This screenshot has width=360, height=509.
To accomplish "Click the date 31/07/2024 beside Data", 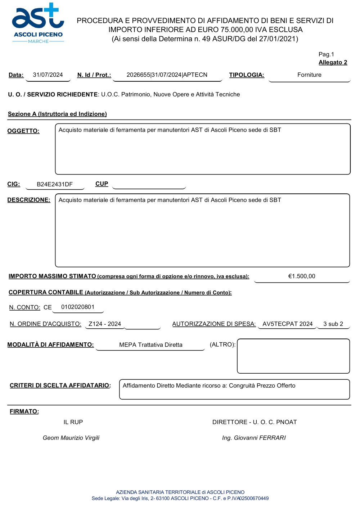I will (x=48, y=75).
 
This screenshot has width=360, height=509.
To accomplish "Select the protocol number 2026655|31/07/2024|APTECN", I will (x=167, y=75).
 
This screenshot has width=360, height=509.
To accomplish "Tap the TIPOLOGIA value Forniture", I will (x=309, y=75).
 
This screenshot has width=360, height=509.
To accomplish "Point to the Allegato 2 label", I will (x=333, y=62).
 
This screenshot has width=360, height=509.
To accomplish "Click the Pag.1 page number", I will (x=326, y=54).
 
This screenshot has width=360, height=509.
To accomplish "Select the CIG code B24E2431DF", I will (x=55, y=184).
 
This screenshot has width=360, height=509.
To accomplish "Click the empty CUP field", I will (x=149, y=184).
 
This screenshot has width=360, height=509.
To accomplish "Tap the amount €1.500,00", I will (x=302, y=276).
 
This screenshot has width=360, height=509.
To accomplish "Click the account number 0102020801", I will (x=78, y=307).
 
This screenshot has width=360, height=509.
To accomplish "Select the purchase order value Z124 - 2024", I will (x=105, y=324).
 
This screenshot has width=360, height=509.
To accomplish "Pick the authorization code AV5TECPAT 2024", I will (x=288, y=324).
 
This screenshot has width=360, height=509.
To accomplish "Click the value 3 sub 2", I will (x=333, y=324).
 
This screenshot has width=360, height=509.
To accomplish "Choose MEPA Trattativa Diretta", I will (x=151, y=345).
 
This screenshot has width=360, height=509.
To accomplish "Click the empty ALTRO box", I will (x=293, y=356).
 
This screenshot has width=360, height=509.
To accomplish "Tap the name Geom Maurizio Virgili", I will (x=71, y=438).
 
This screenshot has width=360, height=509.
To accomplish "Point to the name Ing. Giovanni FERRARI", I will (x=254, y=438).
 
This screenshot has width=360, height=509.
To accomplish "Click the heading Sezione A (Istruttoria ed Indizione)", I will (x=57, y=114).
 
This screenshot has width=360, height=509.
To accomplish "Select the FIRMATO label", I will (x=24, y=411).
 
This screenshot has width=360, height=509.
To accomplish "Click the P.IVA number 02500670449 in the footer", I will (x=254, y=499).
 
